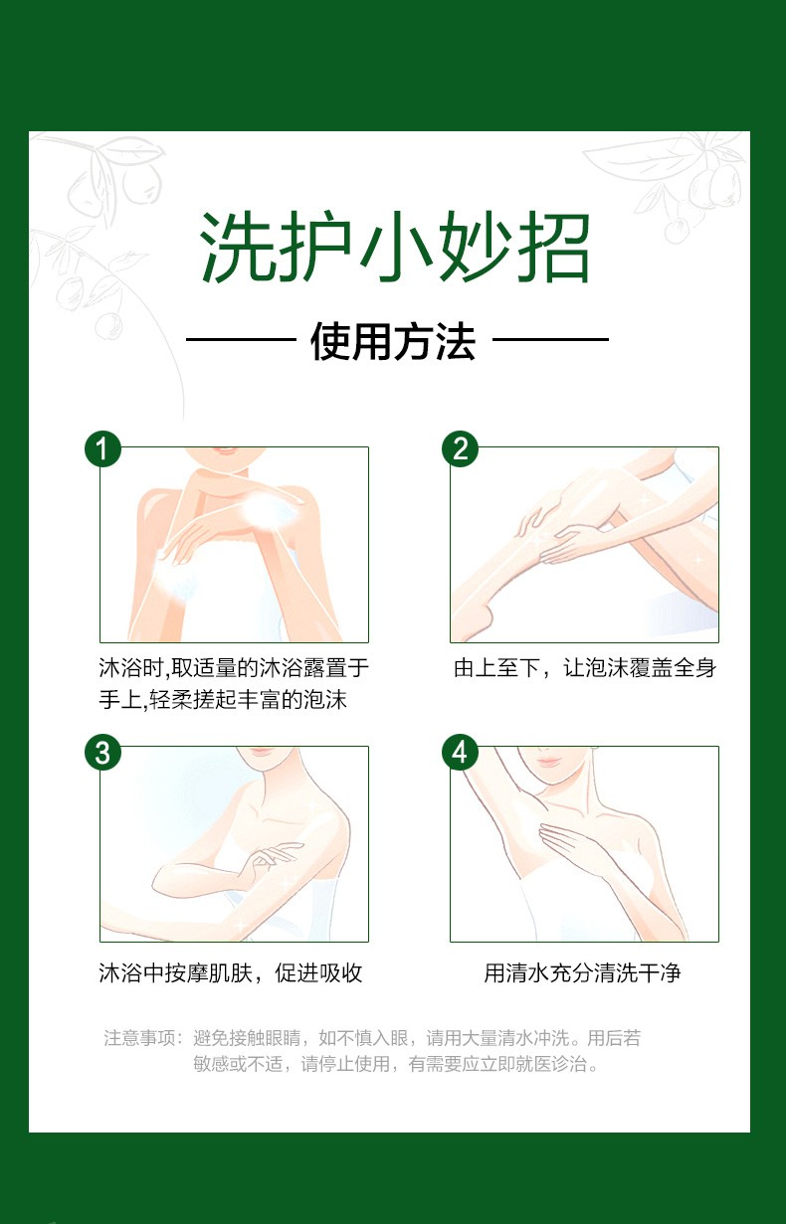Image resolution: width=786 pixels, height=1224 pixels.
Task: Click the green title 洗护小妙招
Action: pyautogui.click(x=394, y=248)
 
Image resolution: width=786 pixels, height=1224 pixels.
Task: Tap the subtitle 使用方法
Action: pyautogui.click(x=393, y=341)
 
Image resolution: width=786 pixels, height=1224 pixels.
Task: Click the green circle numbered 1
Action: pyautogui.click(x=102, y=449)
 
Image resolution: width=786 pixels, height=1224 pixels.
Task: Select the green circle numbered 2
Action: pyautogui.click(x=461, y=449)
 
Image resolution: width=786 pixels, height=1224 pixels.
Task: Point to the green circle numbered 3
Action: pyautogui.click(x=102, y=753)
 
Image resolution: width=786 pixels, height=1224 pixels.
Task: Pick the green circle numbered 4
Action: pyautogui.click(x=461, y=753)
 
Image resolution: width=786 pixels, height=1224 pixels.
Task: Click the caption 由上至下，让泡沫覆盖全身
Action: pyautogui.click(x=585, y=668)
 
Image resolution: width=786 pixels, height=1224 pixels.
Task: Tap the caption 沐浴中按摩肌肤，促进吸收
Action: pyautogui.click(x=231, y=972)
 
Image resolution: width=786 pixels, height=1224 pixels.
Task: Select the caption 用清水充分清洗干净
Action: pyautogui.click(x=583, y=972)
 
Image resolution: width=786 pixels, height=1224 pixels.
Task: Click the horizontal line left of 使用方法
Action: pyautogui.click(x=241, y=339)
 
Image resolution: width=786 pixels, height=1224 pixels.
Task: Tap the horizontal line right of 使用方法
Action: pyautogui.click(x=551, y=339)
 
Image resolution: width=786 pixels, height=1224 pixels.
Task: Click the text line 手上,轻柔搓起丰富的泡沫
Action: pyautogui.click(x=223, y=699)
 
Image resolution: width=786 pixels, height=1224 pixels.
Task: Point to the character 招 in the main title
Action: pyautogui.click(x=554, y=248)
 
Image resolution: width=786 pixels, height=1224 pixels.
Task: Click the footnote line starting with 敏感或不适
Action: pyautogui.click(x=396, y=1064)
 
